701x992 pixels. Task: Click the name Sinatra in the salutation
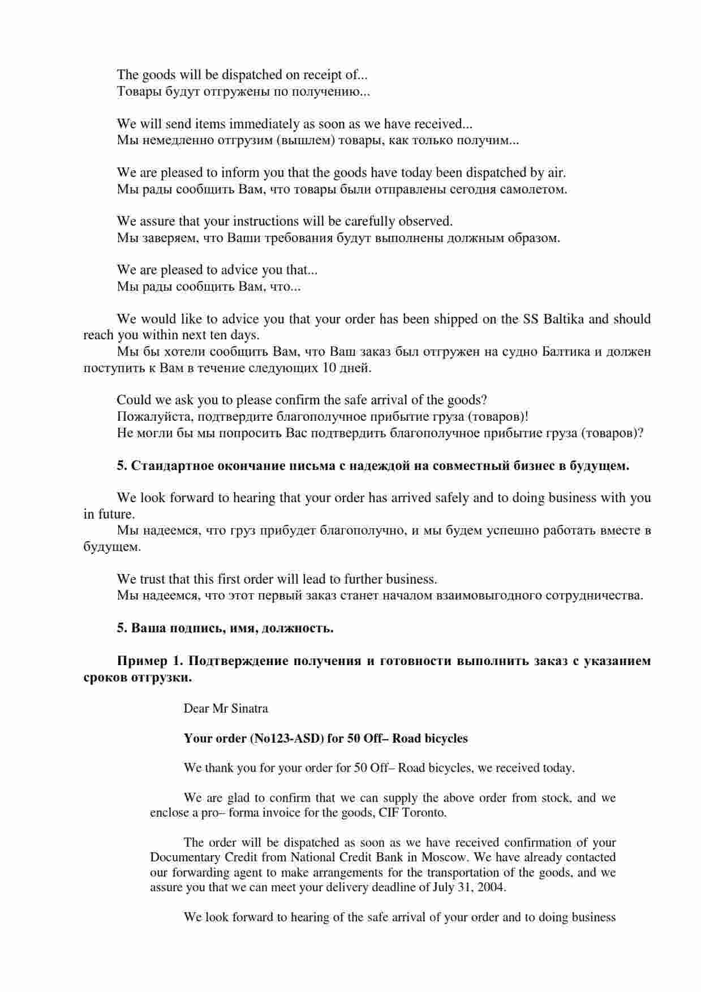[249, 709]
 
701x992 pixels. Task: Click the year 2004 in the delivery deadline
[491, 887]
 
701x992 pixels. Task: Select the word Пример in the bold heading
[141, 661]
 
